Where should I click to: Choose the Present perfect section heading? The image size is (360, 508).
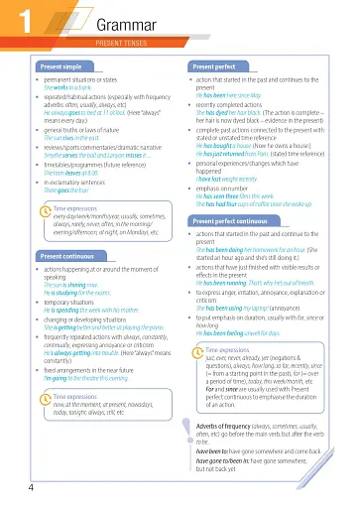pyautogui.click(x=215, y=66)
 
